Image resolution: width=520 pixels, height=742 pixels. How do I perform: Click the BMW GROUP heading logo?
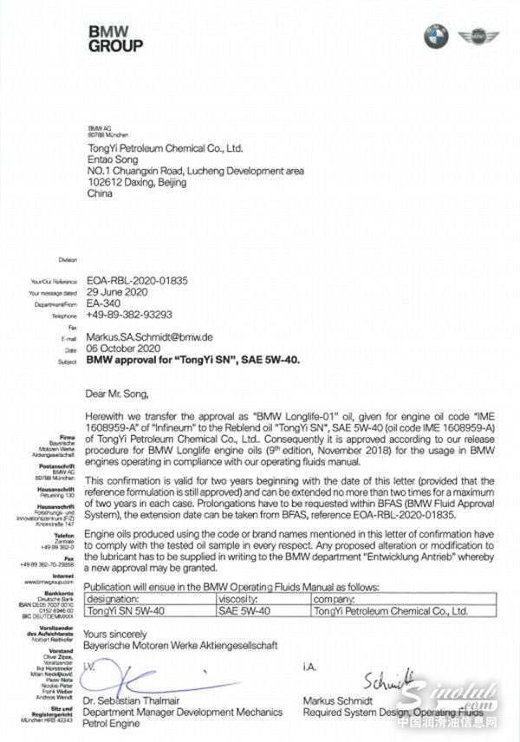[115, 38]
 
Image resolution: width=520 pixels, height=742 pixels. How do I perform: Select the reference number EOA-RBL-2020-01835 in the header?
[138, 282]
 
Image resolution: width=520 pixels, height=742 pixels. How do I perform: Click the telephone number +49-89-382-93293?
[129, 316]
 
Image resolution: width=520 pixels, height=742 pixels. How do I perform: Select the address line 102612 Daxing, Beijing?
[148, 183]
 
